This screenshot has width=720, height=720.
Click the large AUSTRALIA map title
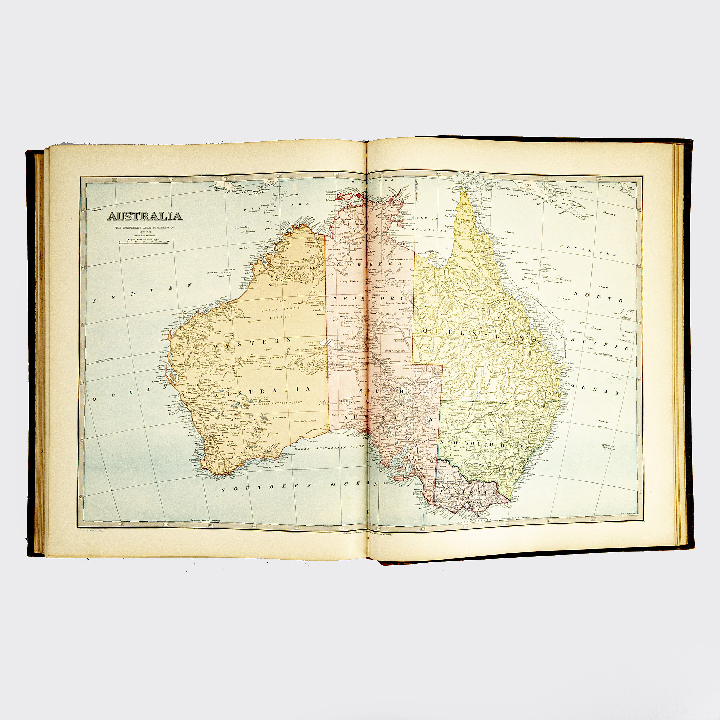145,216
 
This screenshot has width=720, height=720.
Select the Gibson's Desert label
283,357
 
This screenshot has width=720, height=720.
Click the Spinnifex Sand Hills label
400,303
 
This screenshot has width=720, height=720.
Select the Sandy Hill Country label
395,351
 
